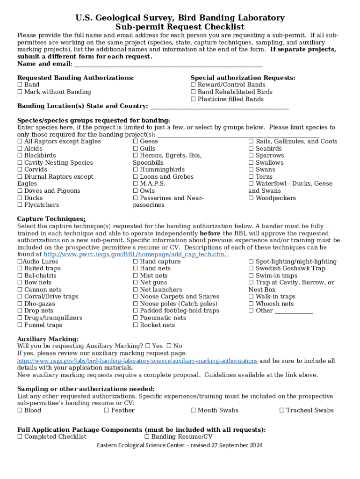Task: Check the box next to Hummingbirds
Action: click(x=136, y=170)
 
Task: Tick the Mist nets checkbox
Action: click(x=136, y=276)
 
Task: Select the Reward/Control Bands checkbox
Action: click(x=193, y=85)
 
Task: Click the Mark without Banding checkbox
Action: click(x=20, y=92)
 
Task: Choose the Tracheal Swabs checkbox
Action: click(x=282, y=411)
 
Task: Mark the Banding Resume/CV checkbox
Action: click(x=147, y=437)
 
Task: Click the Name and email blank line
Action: click(x=168, y=65)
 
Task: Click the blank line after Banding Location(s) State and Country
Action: click(x=220, y=107)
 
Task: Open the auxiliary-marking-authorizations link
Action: click(x=137, y=361)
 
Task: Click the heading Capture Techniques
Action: click(x=51, y=219)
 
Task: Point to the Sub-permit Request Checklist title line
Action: click(x=180, y=27)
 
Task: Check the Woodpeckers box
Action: click(x=251, y=198)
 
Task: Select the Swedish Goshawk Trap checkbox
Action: click(x=251, y=269)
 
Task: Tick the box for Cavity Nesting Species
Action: click(x=20, y=163)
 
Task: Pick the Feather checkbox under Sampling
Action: click(x=107, y=411)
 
